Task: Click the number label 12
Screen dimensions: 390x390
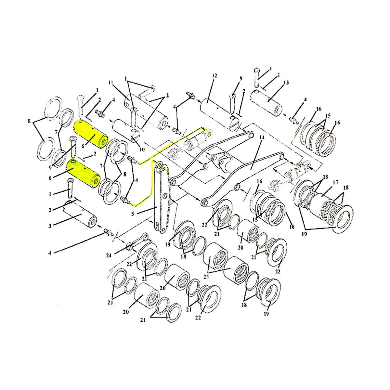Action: [214, 76]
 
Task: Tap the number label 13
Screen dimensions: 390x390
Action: [286, 82]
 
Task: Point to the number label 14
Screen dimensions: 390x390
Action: [262, 137]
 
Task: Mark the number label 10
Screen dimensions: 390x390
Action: [142, 150]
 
